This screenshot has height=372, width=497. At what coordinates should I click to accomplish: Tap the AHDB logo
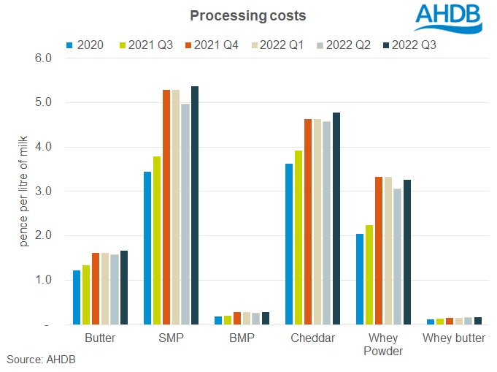(448, 19)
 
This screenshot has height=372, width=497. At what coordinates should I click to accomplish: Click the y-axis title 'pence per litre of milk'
(24, 191)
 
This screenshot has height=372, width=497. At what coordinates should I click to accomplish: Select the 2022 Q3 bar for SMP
(194, 205)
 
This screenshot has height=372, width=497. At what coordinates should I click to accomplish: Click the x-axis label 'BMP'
(241, 339)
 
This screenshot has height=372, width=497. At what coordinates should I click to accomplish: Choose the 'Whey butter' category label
(452, 339)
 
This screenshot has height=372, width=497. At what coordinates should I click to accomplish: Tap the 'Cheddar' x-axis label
(312, 339)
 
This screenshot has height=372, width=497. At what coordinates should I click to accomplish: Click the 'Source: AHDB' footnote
(42, 360)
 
